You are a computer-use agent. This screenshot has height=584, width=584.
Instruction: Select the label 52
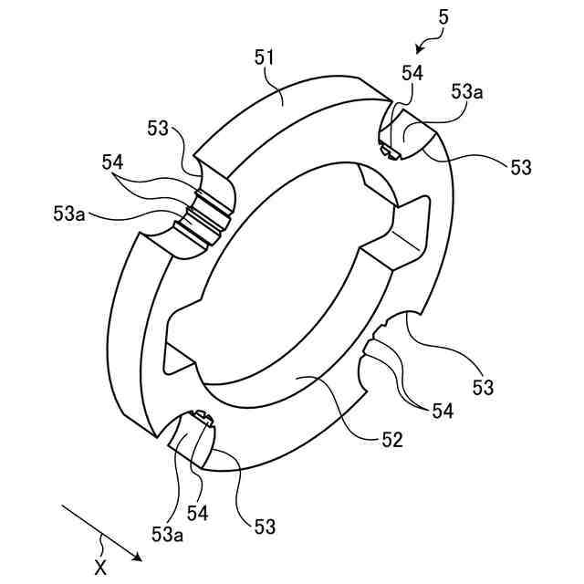(x=391, y=439)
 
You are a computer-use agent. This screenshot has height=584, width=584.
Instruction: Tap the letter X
(x=100, y=567)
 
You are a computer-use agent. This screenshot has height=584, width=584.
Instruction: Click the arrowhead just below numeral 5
(x=420, y=50)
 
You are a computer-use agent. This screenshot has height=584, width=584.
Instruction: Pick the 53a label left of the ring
(x=69, y=214)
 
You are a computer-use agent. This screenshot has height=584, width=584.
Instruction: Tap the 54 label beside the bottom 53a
(x=198, y=513)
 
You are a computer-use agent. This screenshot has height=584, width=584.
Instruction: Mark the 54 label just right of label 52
(x=443, y=412)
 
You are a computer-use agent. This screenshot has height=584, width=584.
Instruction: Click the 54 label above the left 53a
(x=113, y=162)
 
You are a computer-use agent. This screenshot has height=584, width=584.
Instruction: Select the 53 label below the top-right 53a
(x=519, y=167)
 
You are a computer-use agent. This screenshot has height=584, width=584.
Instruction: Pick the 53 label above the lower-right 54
(x=483, y=388)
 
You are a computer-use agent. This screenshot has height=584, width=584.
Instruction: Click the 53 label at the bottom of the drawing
(x=265, y=527)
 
